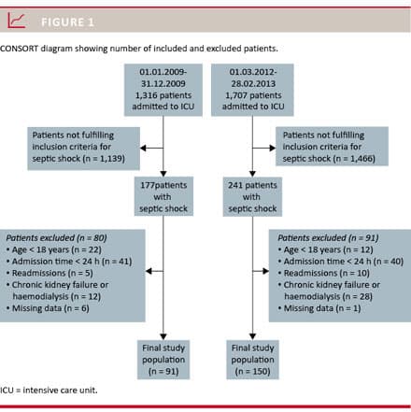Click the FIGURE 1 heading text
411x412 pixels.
(67, 22)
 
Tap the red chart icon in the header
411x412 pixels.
(17, 21)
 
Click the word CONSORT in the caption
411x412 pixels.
(19, 49)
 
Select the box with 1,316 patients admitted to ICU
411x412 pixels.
(163, 90)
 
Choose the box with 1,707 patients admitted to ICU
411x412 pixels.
(252, 90)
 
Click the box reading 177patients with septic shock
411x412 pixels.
(163, 196)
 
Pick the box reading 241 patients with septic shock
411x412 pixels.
(252, 196)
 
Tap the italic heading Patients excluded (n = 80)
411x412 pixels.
(57, 238)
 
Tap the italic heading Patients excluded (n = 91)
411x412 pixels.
(328, 238)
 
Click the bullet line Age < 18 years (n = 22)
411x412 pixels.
(54, 249)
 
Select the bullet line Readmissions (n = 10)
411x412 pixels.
(324, 273)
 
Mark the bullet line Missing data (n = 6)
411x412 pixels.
(48, 308)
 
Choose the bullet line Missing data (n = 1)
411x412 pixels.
(319, 308)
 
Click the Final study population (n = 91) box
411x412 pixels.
(163, 360)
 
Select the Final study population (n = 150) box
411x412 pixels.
(252, 360)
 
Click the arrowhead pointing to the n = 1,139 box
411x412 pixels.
(143, 148)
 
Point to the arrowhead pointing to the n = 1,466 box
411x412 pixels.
(273, 148)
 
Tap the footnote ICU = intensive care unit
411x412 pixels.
(49, 391)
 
